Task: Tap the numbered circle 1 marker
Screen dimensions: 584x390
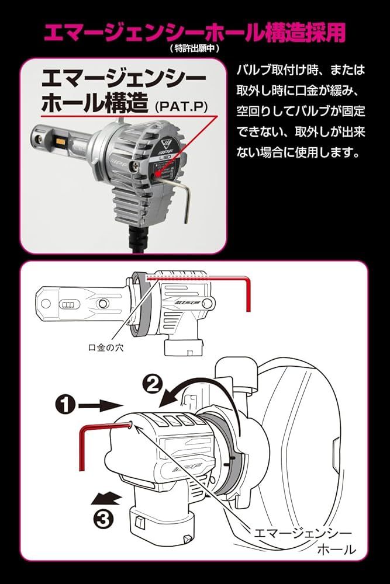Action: pyautogui.click(x=65, y=404)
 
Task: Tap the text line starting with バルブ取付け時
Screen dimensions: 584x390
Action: pyautogui.click(x=300, y=69)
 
